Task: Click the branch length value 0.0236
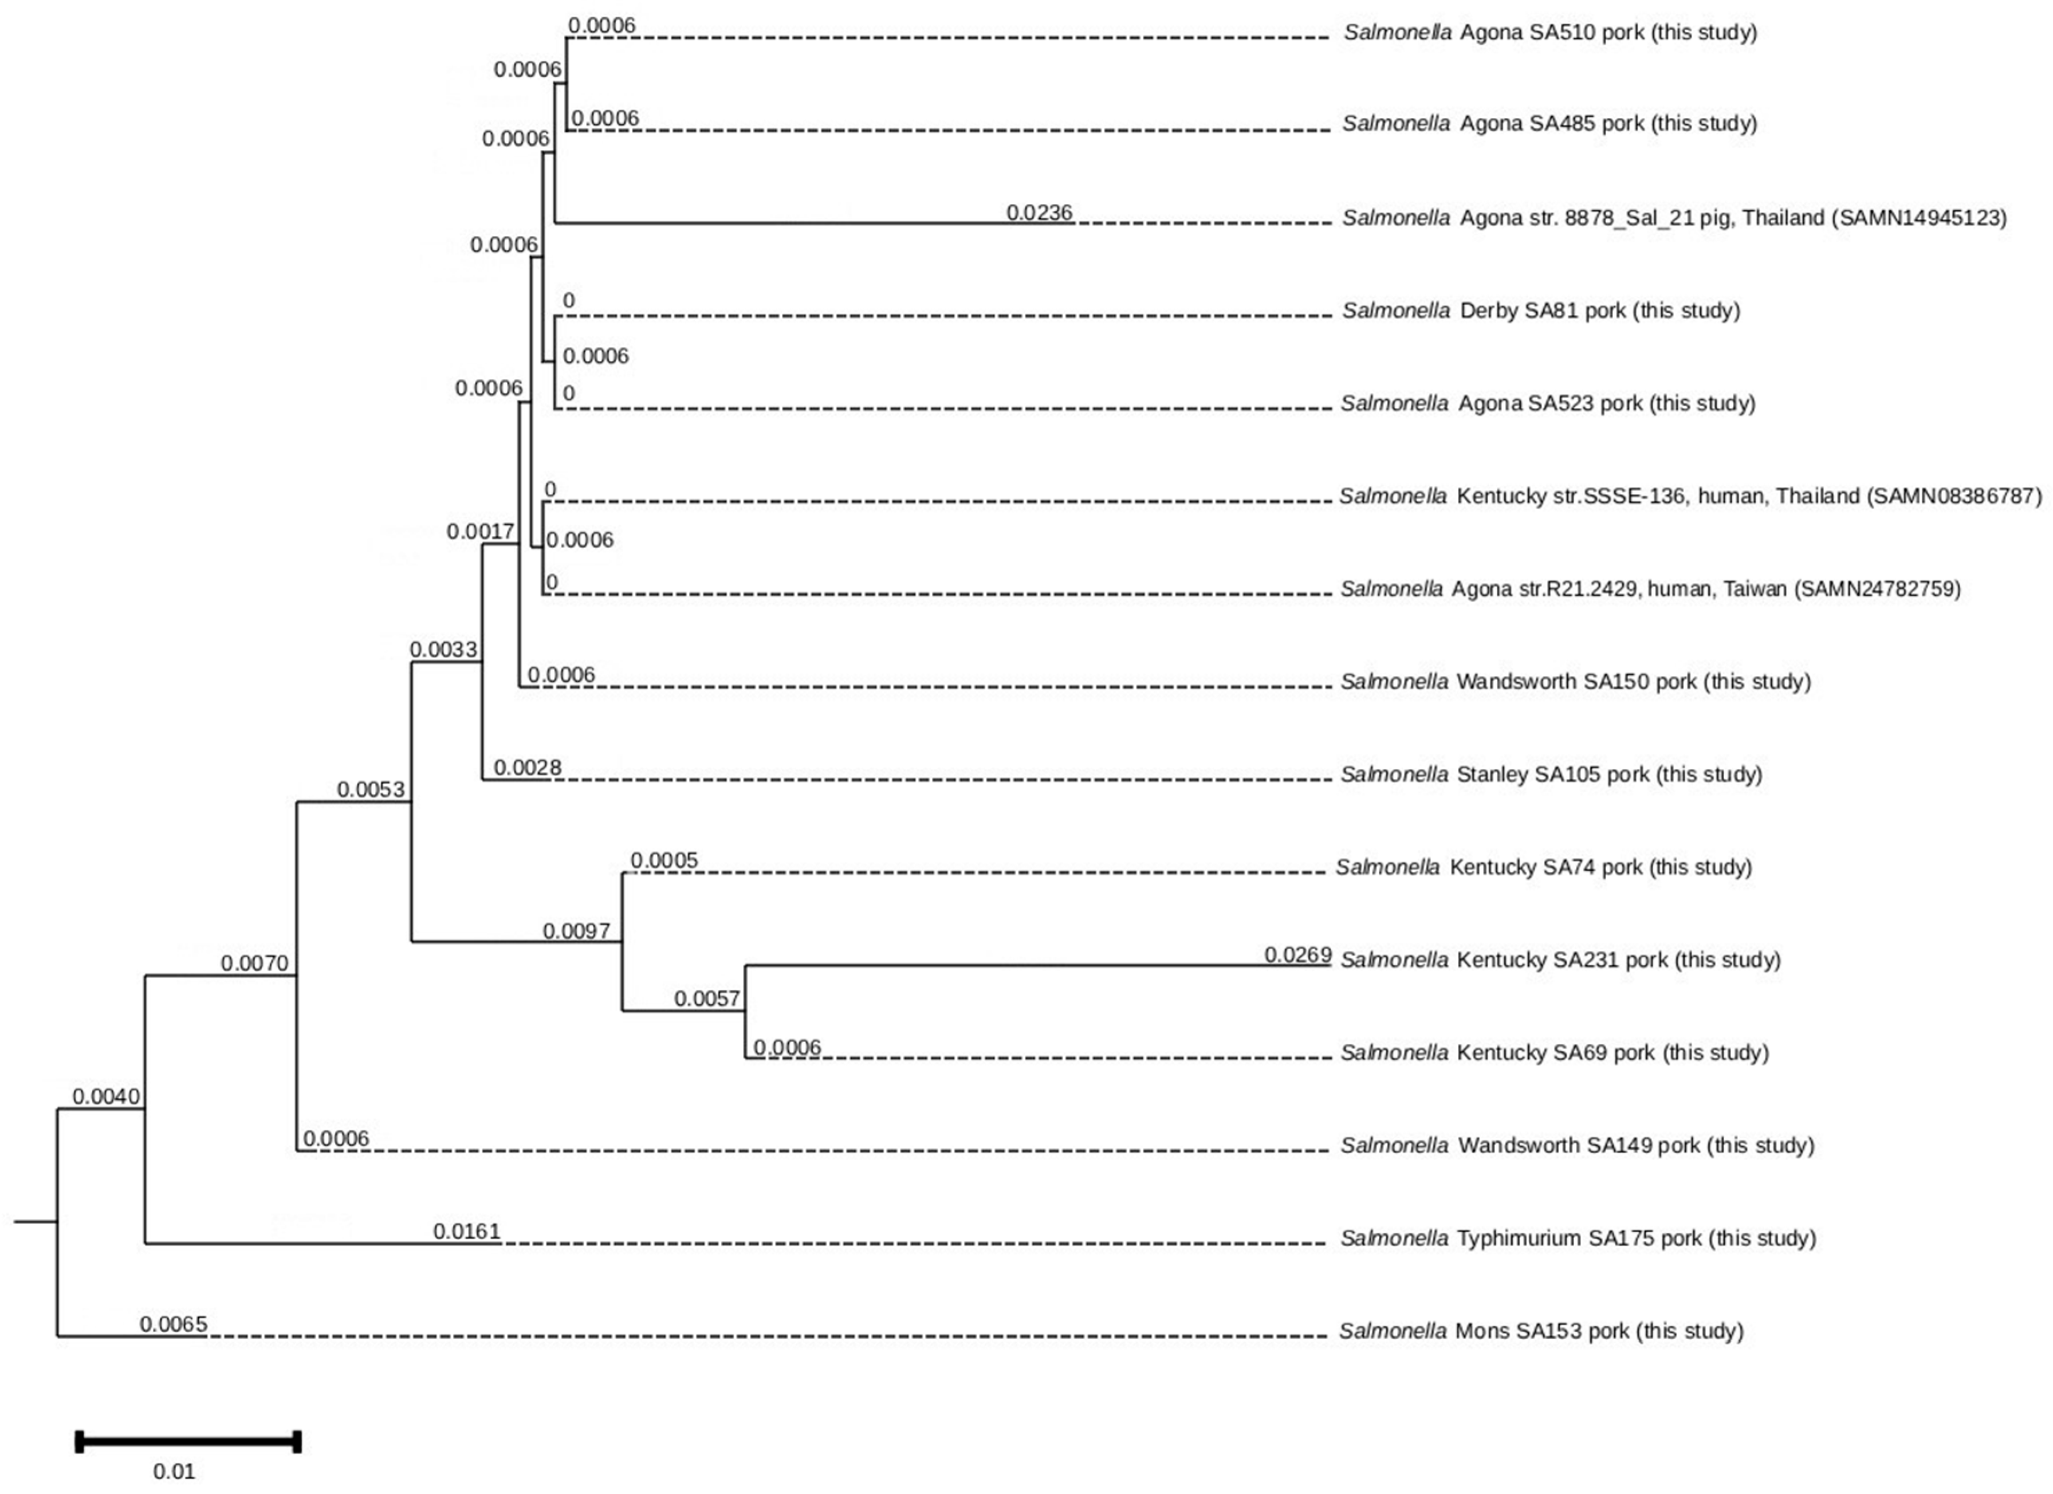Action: (x=1039, y=213)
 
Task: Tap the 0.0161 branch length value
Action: (x=466, y=1232)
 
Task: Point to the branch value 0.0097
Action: (x=577, y=931)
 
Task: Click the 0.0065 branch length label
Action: (x=173, y=1324)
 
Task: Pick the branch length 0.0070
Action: (x=254, y=964)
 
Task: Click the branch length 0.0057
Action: (x=707, y=998)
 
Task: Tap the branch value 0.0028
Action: (x=527, y=768)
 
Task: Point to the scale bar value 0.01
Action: (x=174, y=1471)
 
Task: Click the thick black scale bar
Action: (x=188, y=1441)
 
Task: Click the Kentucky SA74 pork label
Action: (x=1543, y=867)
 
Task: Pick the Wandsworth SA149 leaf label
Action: (x=1577, y=1145)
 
